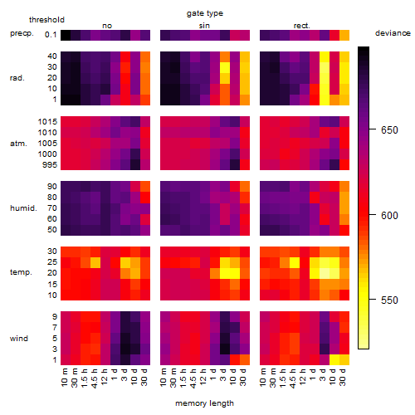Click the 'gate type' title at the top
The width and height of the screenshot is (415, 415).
coord(205,13)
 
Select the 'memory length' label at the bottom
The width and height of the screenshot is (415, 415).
coord(204,403)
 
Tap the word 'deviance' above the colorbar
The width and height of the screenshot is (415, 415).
coord(393,33)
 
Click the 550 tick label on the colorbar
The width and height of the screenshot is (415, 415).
coord(389,300)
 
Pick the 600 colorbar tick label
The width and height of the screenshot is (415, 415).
coord(389,215)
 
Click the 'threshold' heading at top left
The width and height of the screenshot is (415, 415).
coord(46,20)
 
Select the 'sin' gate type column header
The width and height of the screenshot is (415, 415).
coord(204,26)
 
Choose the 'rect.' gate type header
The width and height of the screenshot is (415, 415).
coord(301,26)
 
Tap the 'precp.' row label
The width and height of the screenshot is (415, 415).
coord(22,33)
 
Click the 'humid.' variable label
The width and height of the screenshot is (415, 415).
coord(23,208)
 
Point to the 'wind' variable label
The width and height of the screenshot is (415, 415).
coord(19,339)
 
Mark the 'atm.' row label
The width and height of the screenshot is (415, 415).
coord(18,144)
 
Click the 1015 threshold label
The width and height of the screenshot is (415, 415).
coord(47,122)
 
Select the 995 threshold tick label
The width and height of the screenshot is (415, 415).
coord(50,165)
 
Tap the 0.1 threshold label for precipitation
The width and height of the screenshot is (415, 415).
coord(51,35)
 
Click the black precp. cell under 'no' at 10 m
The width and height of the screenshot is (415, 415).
coord(66,36)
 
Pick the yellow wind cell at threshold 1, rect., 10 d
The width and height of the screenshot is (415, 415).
coord(334,359)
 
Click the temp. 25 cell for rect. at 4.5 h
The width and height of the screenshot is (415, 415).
coord(295,262)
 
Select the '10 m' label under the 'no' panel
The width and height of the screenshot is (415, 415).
coord(65,377)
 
